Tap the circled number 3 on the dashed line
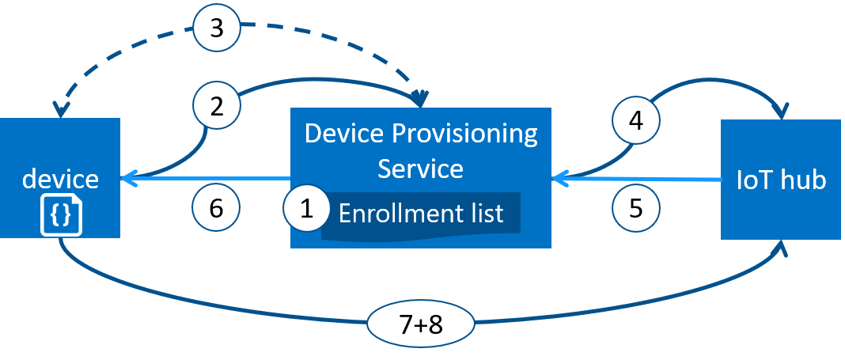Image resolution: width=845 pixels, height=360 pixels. tap(217, 29)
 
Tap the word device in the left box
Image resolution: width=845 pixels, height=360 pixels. tap(60, 179)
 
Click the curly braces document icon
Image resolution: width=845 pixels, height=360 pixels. tap(61, 216)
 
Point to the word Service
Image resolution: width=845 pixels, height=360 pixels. tap(420, 169)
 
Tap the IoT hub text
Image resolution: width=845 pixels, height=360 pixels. tap(781, 180)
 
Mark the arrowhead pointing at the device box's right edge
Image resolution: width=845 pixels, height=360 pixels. tap(127, 179)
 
